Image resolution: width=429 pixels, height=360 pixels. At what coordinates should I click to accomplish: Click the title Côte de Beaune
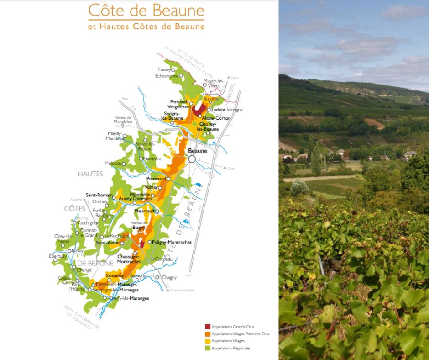146,10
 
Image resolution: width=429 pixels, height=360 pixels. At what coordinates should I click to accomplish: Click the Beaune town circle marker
192,159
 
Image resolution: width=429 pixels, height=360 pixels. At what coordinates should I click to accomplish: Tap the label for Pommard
156,179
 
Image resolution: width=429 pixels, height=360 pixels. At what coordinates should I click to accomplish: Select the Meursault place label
145,211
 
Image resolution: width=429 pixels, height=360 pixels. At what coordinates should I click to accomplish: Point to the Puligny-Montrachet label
172,242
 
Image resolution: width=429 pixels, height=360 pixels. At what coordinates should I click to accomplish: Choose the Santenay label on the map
115,275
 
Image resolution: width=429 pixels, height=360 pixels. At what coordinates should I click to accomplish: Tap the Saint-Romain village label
99,195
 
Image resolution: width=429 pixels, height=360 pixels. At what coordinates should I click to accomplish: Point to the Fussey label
164,69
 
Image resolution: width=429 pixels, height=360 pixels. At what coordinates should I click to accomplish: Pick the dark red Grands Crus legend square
208,327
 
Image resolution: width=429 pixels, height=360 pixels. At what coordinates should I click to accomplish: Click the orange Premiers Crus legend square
208,334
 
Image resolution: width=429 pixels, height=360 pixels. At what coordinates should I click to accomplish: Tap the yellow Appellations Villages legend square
208,341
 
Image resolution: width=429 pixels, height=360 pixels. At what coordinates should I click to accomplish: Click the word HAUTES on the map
90,174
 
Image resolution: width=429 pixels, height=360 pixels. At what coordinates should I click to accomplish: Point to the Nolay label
78,251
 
